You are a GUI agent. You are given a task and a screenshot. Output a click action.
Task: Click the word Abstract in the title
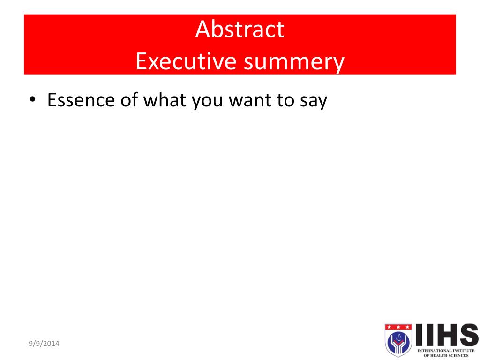tap(240, 30)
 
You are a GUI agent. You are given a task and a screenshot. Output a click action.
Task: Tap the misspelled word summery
tap(294, 63)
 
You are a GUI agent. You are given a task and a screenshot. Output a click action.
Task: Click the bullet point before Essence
tap(32, 100)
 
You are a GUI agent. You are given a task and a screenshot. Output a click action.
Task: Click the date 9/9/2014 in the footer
tap(44, 344)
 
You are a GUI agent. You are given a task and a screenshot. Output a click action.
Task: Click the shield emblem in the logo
tap(398, 340)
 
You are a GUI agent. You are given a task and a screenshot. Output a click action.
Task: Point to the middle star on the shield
tap(398, 327)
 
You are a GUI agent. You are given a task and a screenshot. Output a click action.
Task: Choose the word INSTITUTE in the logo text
tap(464, 351)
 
